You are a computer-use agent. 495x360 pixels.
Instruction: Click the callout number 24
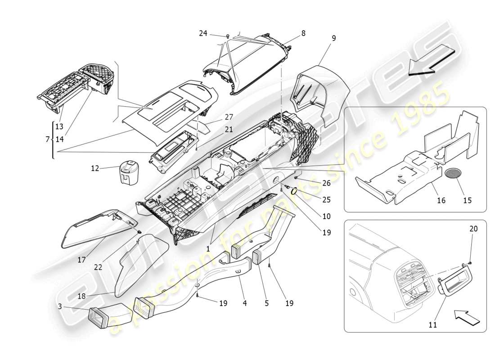203,33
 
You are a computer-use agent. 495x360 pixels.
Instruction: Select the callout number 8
303,33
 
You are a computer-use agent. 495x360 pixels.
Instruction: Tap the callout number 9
333,39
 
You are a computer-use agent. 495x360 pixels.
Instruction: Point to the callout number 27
229,117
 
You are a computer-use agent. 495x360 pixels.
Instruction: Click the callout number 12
94,169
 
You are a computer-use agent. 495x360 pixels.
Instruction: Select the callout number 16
441,200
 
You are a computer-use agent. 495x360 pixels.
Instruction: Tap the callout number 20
473,229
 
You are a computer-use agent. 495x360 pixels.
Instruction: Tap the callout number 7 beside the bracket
47,139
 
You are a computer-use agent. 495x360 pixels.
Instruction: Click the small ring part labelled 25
294,191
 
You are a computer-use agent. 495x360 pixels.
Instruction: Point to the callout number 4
245,303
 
